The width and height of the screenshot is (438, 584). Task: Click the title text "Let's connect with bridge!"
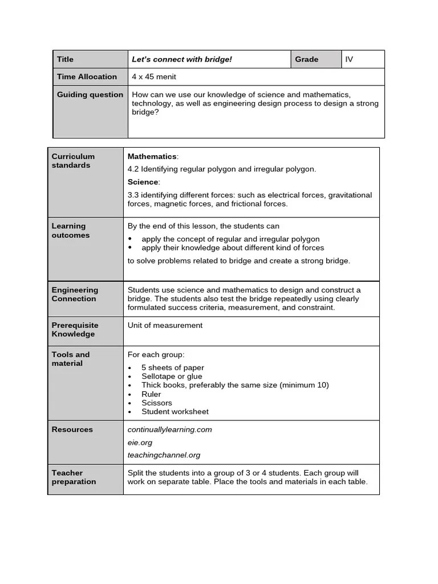point(182,59)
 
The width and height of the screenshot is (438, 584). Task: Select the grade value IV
point(349,59)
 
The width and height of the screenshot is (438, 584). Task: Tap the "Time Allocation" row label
point(87,77)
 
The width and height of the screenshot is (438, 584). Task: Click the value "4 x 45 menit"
point(154,77)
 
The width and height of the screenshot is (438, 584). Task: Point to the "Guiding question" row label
point(90,95)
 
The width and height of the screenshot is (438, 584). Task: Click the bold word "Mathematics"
point(152,156)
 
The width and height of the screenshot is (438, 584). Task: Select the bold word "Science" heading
point(143,182)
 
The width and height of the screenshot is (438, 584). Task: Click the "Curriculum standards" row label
point(73,161)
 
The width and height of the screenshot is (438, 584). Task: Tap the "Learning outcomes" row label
point(70,230)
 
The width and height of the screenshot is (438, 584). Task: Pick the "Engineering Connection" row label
point(75,294)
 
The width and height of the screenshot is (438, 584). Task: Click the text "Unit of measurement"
point(165,325)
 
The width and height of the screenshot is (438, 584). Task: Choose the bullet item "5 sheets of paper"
point(172,368)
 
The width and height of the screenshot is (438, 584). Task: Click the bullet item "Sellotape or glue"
point(172,376)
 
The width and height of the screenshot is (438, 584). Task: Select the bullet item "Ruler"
point(151,394)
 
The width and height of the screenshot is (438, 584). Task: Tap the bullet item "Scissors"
point(156,403)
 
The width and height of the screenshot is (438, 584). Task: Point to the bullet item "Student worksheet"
point(175,412)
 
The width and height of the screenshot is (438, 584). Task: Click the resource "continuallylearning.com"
point(169,429)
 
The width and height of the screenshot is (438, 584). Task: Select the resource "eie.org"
point(140,443)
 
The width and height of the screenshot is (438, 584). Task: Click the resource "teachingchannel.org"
point(164,455)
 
